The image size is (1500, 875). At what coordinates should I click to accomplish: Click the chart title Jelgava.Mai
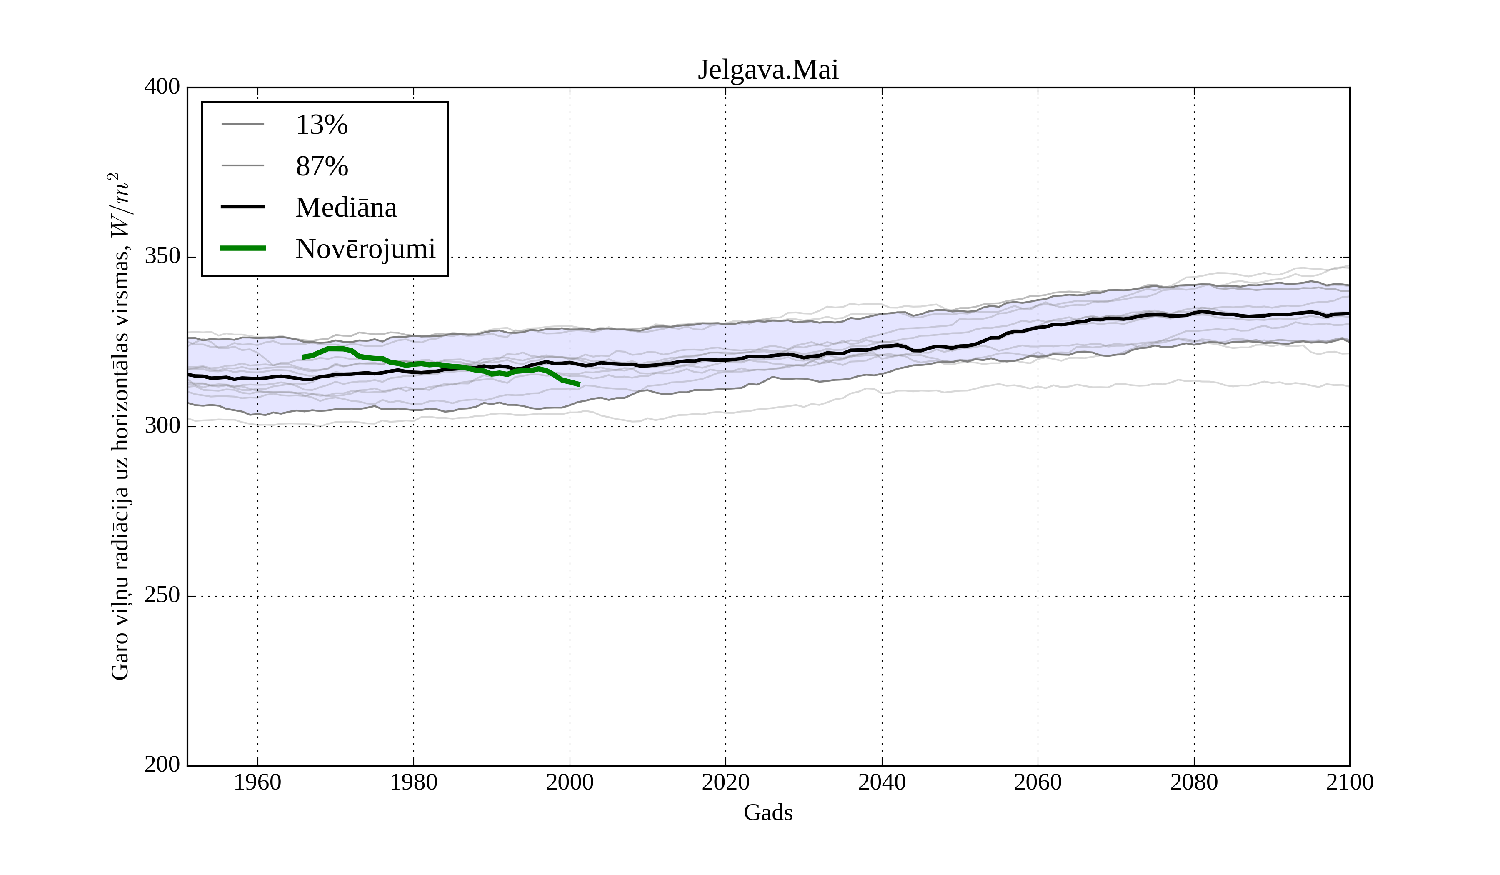[768, 70]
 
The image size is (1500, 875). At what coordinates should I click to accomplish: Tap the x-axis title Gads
[768, 812]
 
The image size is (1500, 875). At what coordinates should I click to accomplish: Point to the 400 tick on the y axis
[162, 87]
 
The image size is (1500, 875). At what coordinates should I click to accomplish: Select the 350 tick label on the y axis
[162, 257]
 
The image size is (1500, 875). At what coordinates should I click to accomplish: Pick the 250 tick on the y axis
[162, 595]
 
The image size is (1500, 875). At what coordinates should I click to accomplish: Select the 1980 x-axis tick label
[414, 782]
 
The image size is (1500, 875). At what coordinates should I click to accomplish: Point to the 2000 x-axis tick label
[570, 782]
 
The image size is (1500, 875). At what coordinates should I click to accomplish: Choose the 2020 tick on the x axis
[725, 782]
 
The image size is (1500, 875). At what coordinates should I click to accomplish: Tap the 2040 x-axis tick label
[882, 782]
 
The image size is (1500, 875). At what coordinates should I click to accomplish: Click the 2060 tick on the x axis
[1037, 782]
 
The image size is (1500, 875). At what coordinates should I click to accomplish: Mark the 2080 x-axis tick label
[1193, 782]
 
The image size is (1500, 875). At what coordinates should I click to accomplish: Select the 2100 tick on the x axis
[1350, 782]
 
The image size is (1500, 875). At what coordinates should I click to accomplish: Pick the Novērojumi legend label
[365, 249]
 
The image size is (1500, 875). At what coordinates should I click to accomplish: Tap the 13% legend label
[321, 125]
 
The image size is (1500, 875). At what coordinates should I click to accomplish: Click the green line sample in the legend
[243, 248]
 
